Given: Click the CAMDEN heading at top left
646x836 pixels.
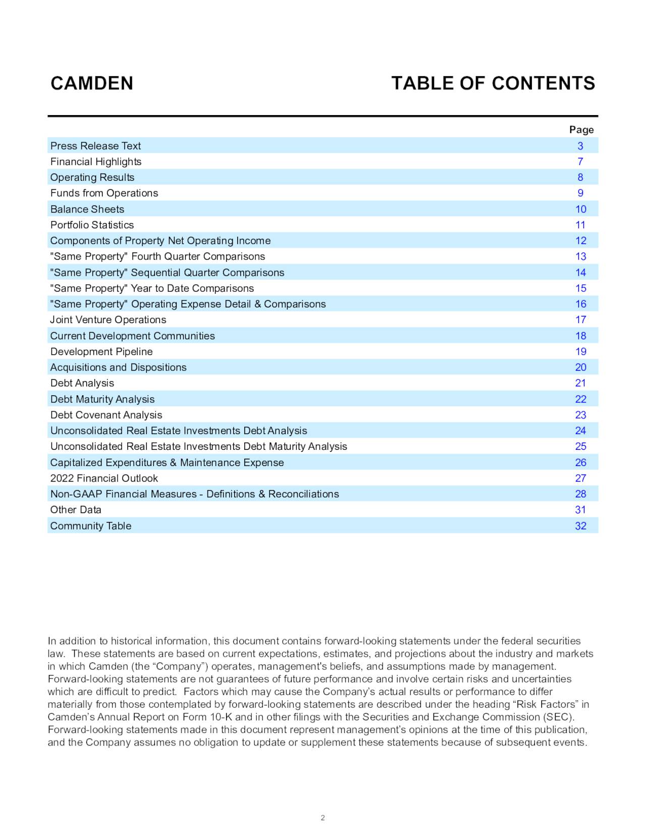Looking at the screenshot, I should point(92,83).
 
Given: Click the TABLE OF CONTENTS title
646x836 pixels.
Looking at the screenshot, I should point(493,83).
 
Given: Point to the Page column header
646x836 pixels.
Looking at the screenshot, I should point(581,130).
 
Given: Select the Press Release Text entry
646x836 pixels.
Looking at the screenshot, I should point(95,146).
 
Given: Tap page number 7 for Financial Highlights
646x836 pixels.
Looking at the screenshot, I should point(580,162).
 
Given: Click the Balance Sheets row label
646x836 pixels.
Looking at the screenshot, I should point(87,209).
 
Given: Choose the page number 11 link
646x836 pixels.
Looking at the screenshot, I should point(580,225).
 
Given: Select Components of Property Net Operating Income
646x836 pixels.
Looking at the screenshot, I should point(160,241).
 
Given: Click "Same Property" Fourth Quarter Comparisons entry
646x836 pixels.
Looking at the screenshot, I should point(157,256).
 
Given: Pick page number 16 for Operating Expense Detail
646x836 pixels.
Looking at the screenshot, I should point(580,304).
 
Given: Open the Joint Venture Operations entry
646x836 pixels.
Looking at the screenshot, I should point(108,320).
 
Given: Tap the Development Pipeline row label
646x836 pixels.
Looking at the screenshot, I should point(101,351).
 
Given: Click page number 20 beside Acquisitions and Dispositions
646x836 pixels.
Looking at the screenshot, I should point(580,367).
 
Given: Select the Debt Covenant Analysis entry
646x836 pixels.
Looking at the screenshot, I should point(106,415).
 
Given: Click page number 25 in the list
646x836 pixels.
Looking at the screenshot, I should point(580,446).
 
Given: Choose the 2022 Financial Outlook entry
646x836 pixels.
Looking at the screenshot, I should point(104,478).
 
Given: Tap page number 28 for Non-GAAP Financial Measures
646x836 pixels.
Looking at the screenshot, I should point(580,494).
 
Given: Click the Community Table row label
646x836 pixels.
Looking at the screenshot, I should point(90,526).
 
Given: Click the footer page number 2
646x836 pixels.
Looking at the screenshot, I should point(322,818).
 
